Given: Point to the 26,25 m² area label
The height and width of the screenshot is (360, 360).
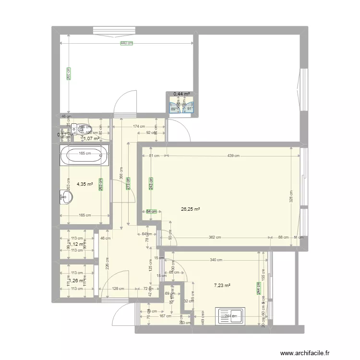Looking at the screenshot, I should pos(191,209).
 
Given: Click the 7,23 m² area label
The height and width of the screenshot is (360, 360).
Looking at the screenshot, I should pos(222,286).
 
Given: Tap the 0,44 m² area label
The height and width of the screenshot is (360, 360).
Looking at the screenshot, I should pos(181,95).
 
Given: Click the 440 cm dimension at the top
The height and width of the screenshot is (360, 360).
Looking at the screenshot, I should pos(126,43).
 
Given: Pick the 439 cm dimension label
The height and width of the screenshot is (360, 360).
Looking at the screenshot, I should pos(234,156).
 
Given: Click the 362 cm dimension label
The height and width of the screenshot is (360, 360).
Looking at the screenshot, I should pos(215,237).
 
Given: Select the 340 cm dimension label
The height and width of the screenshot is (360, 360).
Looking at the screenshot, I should pos(216,260).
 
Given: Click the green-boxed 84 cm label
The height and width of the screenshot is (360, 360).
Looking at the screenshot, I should pos(151,211).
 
